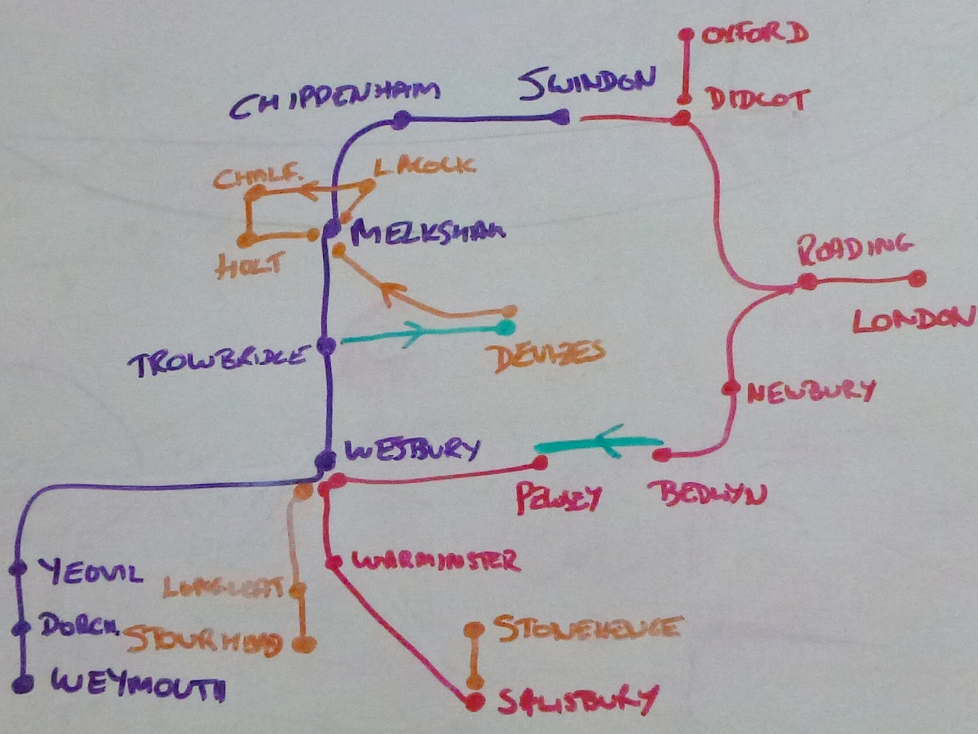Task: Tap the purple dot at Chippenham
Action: (x=401, y=120)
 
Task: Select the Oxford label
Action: (x=755, y=33)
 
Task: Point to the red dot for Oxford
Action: (x=686, y=35)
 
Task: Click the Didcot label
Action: (x=758, y=99)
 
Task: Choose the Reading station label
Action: (x=855, y=248)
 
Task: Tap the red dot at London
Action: (x=917, y=278)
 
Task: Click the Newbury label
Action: (x=811, y=392)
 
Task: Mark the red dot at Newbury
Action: (x=730, y=388)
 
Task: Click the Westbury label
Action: (x=412, y=450)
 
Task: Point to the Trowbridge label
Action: (x=218, y=360)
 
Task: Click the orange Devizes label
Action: (x=548, y=356)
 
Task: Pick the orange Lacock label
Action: (x=425, y=166)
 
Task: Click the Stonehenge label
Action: (x=588, y=628)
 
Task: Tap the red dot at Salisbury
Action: (x=475, y=701)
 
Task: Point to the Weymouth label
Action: (x=138, y=685)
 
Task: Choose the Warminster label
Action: (x=435, y=561)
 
